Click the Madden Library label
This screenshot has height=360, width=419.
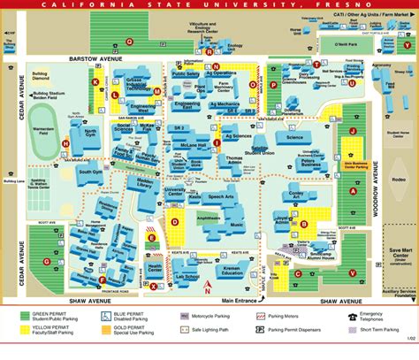click(148, 182)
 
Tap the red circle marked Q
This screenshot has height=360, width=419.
click(130, 42)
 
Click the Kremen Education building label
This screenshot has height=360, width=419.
click(231, 272)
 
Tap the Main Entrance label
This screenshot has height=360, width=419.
click(241, 300)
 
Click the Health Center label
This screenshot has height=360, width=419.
click(155, 268)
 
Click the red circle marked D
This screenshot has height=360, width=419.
click(175, 222)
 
